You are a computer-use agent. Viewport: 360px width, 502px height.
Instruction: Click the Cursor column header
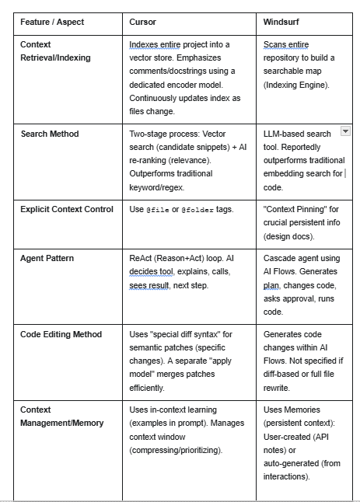[142, 22]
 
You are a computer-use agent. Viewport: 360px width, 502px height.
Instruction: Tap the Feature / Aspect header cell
[52, 22]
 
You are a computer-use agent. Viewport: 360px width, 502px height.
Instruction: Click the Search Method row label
[50, 134]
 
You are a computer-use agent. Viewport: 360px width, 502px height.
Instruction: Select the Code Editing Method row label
[61, 334]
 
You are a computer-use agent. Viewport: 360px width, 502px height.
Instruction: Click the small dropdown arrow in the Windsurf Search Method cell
[345, 133]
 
